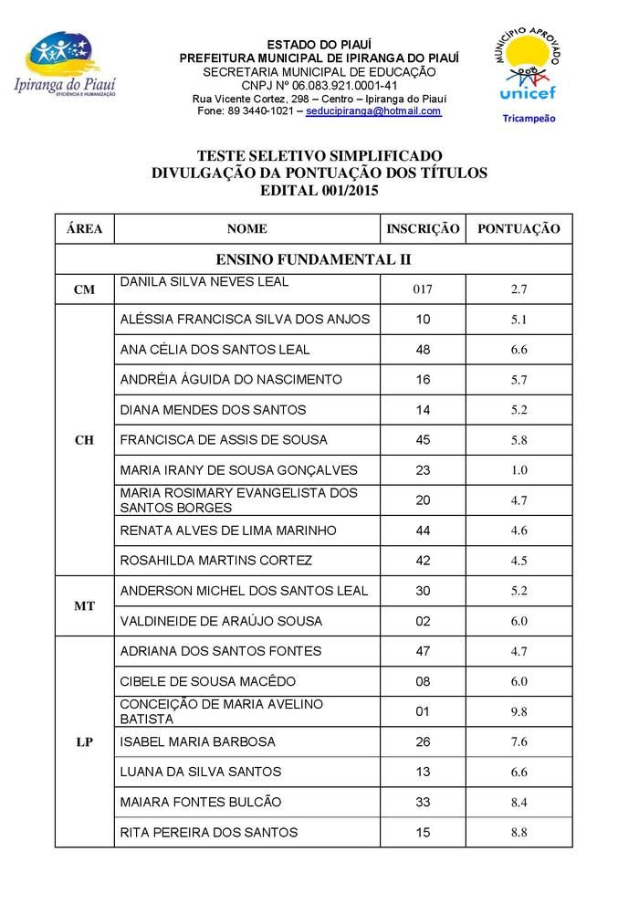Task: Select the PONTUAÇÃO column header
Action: pyautogui.click(x=519, y=229)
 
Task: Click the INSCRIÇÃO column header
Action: pyautogui.click(x=423, y=229)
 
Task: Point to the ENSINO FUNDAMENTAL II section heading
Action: pyautogui.click(x=313, y=259)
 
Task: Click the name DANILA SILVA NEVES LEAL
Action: pyautogui.click(x=204, y=282)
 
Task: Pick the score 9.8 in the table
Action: pyautogui.click(x=519, y=712)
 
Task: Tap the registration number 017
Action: pyautogui.click(x=423, y=289)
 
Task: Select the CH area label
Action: pyautogui.click(x=84, y=440)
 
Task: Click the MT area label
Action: pyautogui.click(x=84, y=606)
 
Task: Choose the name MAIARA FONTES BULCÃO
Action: pyautogui.click(x=201, y=802)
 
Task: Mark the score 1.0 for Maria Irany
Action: pyautogui.click(x=519, y=470)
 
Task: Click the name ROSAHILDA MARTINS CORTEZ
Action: pyautogui.click(x=216, y=560)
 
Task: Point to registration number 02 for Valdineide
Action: pyautogui.click(x=423, y=621)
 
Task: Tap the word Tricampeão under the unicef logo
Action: pyautogui.click(x=529, y=118)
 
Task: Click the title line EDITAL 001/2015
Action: pyautogui.click(x=319, y=191)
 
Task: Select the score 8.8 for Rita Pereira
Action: pyautogui.click(x=519, y=833)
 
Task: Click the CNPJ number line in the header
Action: pyautogui.click(x=319, y=85)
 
